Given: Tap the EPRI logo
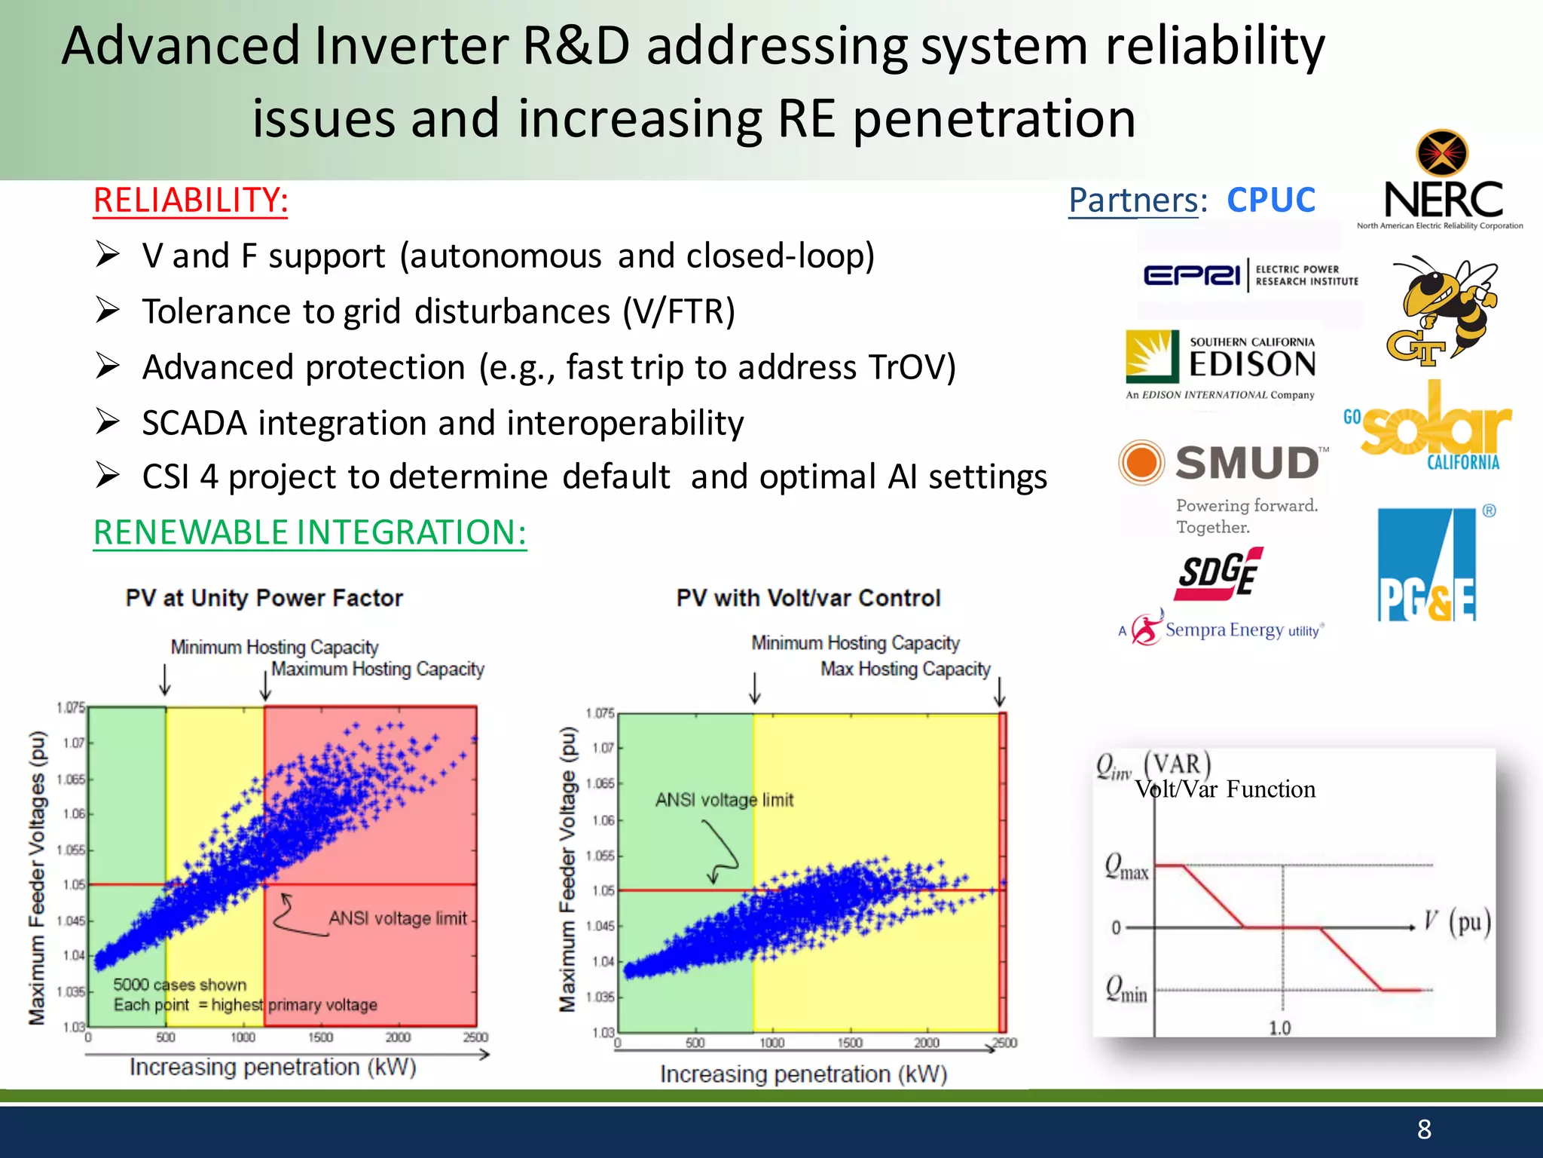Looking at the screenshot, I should [1250, 275].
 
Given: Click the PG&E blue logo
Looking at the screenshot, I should [1425, 565].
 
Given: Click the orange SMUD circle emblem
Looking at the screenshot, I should [1141, 462].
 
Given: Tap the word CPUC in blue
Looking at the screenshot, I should [1270, 201].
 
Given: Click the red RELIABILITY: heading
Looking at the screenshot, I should [191, 201].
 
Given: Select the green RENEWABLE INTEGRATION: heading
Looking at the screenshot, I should [310, 532].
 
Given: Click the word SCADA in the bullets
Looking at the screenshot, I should [194, 423].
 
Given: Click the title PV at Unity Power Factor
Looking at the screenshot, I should [264, 598].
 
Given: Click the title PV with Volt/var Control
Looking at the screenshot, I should [808, 598].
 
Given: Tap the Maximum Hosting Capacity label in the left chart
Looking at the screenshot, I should [377, 669].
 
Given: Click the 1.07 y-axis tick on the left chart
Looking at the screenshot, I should [73, 743].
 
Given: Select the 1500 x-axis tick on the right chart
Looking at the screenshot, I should [849, 1043].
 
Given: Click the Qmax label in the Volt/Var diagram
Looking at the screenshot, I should [1126, 866].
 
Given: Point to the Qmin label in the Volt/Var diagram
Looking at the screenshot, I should [1126, 988].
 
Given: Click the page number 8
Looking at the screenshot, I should [1423, 1129].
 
